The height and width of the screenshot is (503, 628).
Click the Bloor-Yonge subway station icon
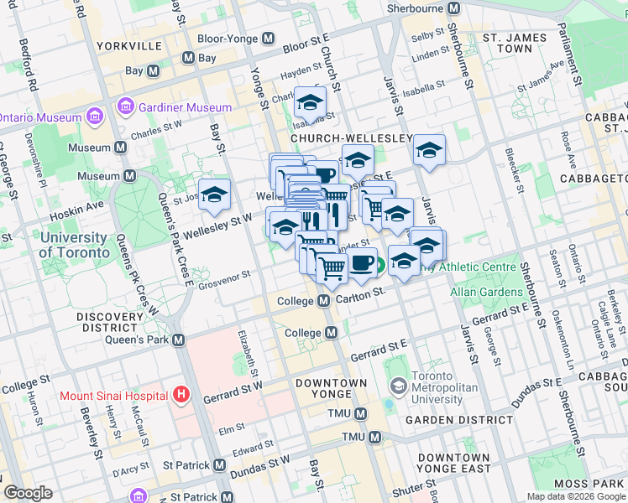click(269, 39)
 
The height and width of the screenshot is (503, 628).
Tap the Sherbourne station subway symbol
click(454, 8)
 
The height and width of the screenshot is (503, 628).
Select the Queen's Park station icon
click(178, 340)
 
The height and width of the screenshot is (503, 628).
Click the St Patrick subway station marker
click(219, 464)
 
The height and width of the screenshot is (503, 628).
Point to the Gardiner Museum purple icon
click(126, 107)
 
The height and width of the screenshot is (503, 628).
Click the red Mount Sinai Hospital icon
click(178, 395)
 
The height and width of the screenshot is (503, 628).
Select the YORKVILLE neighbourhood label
click(128, 45)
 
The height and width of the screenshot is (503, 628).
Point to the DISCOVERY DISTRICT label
click(109, 323)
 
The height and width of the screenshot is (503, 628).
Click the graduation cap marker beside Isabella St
click(310, 102)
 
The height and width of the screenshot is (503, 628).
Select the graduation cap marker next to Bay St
click(214, 194)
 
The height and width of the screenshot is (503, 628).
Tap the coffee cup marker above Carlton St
click(361, 262)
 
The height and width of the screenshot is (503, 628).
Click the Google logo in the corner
click(29, 493)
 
